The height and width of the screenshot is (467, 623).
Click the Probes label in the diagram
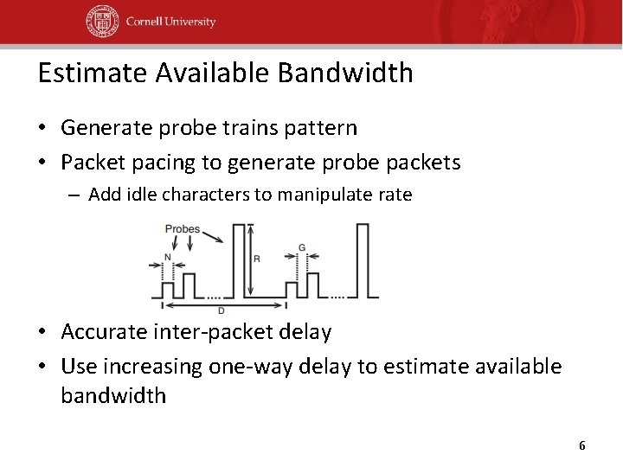(x=182, y=230)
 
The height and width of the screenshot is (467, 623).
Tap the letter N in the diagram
(x=167, y=257)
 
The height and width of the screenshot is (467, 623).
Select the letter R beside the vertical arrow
(x=257, y=259)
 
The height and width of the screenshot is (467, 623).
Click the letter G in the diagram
(x=301, y=248)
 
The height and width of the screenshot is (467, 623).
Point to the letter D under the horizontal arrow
(x=222, y=310)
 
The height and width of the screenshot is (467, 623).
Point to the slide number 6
(x=581, y=445)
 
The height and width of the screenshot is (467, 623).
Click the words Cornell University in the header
(x=170, y=22)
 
